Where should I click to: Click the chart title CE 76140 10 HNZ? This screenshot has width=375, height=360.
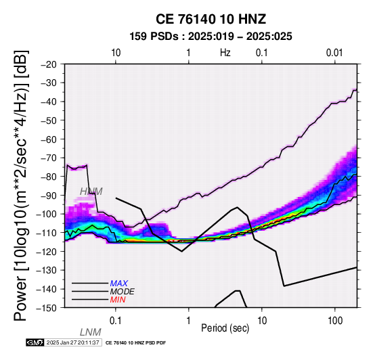pyautogui.click(x=211, y=19)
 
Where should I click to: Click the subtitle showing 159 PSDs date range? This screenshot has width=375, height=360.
pyautogui.click(x=211, y=37)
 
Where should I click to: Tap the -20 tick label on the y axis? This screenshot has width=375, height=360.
pyautogui.click(x=49, y=64)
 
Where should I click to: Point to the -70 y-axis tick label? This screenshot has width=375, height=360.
pyautogui.click(x=49, y=158)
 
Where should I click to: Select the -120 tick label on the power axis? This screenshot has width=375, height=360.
pyautogui.click(x=47, y=252)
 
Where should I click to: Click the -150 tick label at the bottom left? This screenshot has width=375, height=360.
pyautogui.click(x=47, y=308)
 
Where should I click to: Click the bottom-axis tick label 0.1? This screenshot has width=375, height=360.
pyautogui.click(x=116, y=321)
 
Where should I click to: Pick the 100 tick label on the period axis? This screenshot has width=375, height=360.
pyautogui.click(x=335, y=321)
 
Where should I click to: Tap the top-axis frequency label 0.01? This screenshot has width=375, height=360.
pyautogui.click(x=334, y=53)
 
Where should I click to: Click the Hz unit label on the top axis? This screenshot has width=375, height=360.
pyautogui.click(x=225, y=53)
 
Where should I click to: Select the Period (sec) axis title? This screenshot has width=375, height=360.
pyautogui.click(x=225, y=328)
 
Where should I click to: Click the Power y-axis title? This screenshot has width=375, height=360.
pyautogui.click(x=21, y=185)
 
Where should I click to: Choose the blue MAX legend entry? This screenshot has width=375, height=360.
pyautogui.click(x=119, y=284)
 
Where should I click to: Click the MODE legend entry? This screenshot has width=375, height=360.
pyautogui.click(x=123, y=292)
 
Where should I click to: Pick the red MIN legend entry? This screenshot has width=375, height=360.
pyautogui.click(x=118, y=300)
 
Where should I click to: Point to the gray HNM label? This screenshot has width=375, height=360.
pyautogui.click(x=91, y=192)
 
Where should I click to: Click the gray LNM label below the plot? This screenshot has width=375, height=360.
pyautogui.click(x=91, y=332)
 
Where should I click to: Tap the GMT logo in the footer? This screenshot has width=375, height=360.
pyautogui.click(x=35, y=342)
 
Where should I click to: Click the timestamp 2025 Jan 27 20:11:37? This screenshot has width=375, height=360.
pyautogui.click(x=72, y=342)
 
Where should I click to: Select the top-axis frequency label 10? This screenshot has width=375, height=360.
pyautogui.click(x=116, y=53)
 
